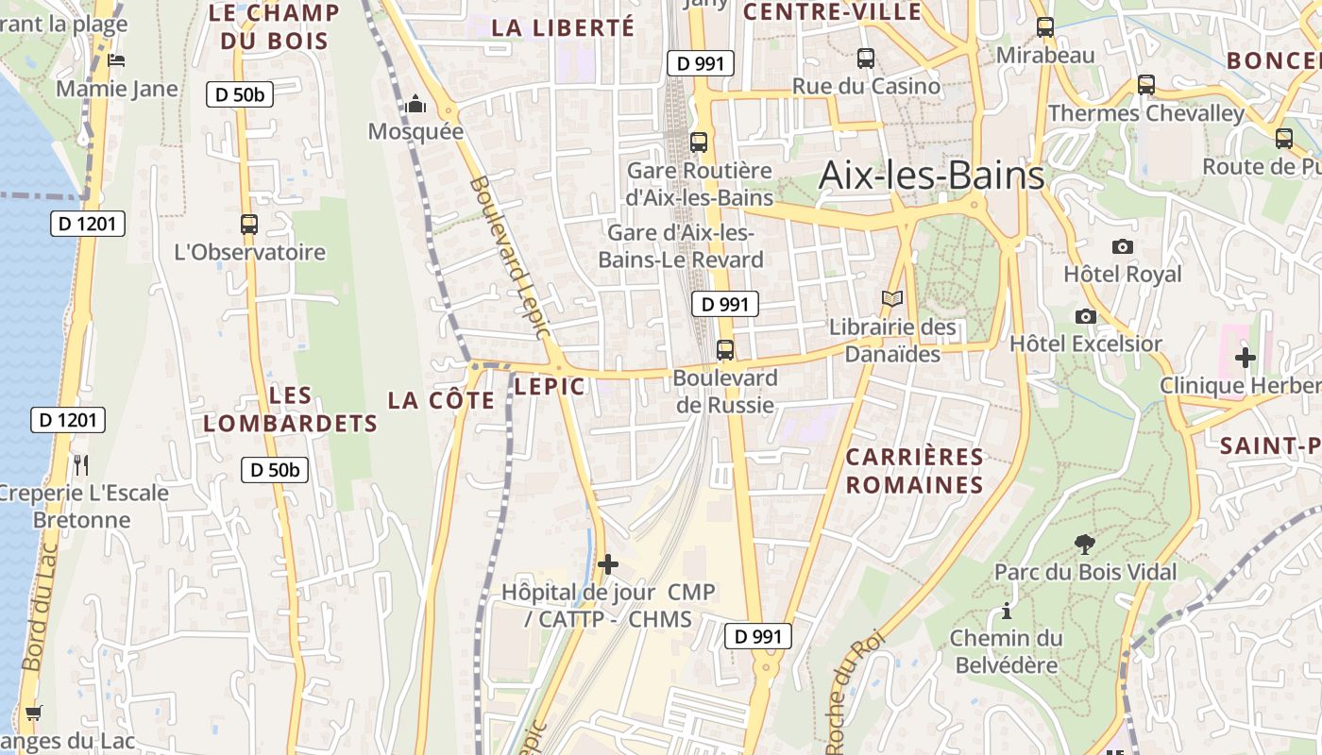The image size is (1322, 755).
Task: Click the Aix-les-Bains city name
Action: coord(931,176)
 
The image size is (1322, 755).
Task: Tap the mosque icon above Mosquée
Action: coord(415,105)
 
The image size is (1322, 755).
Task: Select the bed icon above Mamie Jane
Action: coord(116,60)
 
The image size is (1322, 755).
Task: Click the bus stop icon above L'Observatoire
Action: coord(249,225)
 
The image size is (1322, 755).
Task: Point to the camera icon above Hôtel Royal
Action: coord(1122,247)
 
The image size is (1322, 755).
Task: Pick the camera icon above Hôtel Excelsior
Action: coord(1086,316)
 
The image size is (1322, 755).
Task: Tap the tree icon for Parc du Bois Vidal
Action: coord(1085,544)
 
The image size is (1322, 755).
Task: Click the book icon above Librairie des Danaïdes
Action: coord(891,299)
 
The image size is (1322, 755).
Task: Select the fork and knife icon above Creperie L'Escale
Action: coord(81,464)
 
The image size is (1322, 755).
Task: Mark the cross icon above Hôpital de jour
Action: coord(608,564)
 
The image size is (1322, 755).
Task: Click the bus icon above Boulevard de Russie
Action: coord(724,350)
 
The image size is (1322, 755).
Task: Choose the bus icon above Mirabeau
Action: coord(1044,27)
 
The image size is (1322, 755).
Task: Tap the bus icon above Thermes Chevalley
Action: coord(1145,85)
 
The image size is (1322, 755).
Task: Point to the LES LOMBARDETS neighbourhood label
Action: coord(290,410)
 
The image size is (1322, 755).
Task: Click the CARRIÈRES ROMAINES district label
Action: coord(914,471)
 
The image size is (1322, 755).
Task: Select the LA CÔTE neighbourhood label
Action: coord(441,400)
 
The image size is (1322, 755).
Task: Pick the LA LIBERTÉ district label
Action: coord(563,28)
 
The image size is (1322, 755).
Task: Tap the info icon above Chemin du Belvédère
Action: coord(1007,611)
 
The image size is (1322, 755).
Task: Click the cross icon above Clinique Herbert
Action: coord(1246,358)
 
